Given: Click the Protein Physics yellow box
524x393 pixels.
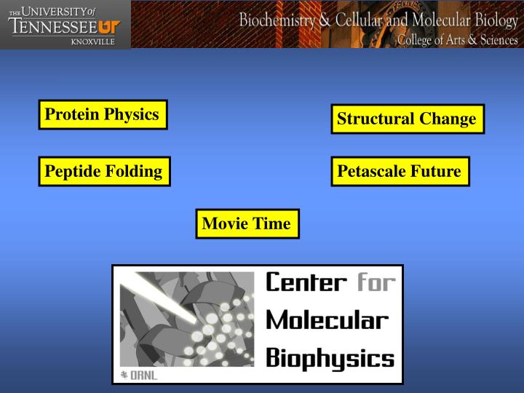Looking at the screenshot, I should coord(103,115).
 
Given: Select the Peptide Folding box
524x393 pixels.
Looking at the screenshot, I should coord(104,172).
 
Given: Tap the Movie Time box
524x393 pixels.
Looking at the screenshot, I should coord(247,224).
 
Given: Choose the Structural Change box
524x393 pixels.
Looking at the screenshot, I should coord(407,119).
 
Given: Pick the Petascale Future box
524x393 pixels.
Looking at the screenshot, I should coord(400,172).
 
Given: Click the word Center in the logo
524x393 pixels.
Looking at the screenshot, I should coord(306,282).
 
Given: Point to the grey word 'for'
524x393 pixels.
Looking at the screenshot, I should coord(375,282).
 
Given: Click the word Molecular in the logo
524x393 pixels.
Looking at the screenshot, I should coord(327,320).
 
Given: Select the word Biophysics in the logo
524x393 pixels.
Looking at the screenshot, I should coord(330,357).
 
